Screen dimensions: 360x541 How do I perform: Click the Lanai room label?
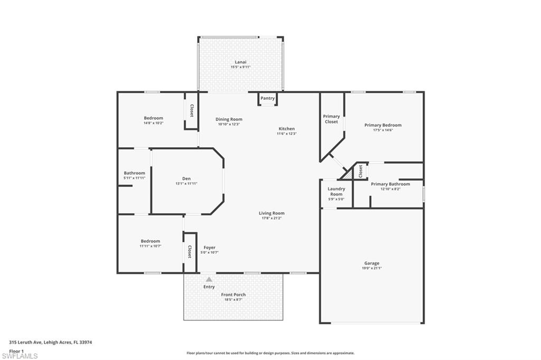(240, 62)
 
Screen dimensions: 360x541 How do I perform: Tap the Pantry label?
(267, 98)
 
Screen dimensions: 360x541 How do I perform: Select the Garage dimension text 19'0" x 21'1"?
(371, 268)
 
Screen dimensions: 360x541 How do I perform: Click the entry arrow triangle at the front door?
(209, 279)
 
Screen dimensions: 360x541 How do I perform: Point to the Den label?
(186, 178)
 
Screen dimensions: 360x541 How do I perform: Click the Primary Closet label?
(331, 119)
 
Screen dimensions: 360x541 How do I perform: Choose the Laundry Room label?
(336, 191)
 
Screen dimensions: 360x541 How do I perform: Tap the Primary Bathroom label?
(390, 184)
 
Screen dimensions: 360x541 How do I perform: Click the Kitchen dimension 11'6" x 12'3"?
(287, 134)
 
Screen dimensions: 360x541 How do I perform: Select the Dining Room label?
(229, 119)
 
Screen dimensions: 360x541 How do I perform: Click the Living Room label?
(272, 213)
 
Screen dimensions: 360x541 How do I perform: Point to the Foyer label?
(209, 248)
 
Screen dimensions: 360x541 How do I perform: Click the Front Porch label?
(233, 295)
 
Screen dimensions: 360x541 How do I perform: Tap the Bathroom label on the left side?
(134, 173)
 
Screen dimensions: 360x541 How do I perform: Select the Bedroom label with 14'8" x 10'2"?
(153, 118)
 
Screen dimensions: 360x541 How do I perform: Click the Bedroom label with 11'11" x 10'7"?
(150, 241)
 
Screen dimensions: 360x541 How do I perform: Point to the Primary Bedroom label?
(383, 125)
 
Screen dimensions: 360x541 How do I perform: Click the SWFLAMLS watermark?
(20, 356)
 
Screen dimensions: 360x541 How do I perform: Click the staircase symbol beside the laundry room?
(348, 173)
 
